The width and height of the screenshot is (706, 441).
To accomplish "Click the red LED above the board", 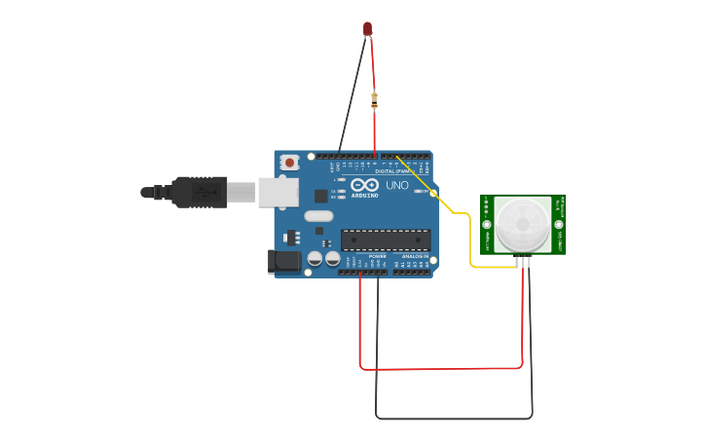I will tap(367, 29).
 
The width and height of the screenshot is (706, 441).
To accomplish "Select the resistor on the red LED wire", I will tap(374, 97).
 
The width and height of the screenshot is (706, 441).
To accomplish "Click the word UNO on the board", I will tap(396, 185).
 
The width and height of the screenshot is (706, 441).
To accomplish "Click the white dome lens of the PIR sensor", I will tap(523, 224).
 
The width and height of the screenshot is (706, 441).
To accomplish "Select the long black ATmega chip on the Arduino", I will tap(385, 239).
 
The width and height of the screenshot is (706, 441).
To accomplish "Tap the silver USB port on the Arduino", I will tap(278, 192).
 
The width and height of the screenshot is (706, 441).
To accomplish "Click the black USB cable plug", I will tap(201, 192).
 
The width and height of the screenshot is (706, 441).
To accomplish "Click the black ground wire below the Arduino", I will tap(453, 419).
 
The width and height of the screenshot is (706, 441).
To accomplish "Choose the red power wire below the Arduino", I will tap(438, 369).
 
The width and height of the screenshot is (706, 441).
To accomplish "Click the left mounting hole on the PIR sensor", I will tap(487, 225).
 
